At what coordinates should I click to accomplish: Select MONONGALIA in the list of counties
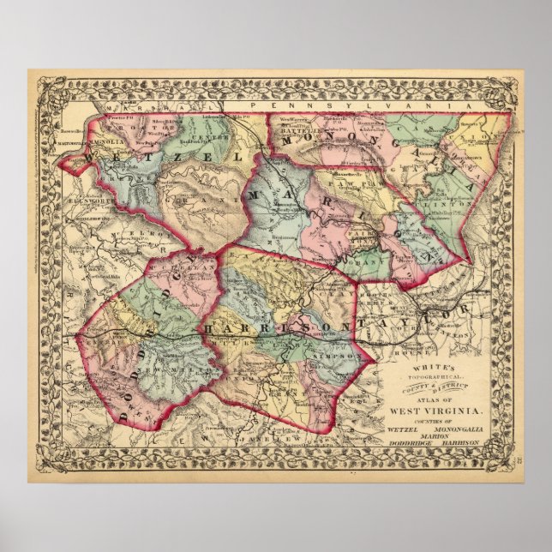coord(459,427)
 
